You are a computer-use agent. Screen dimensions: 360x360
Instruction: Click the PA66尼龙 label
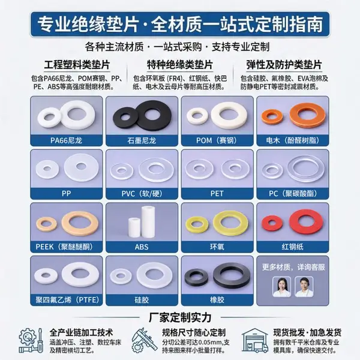point(66,140)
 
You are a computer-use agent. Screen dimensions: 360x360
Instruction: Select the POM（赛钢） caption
point(217,140)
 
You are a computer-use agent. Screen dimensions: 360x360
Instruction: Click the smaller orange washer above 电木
point(272,116)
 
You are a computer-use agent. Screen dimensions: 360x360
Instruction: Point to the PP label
point(66,194)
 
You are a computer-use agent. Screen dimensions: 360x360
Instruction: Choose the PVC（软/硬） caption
point(142,194)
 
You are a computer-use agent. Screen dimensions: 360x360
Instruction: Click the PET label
point(217,194)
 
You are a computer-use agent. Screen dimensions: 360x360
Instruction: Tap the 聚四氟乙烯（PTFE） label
point(67,300)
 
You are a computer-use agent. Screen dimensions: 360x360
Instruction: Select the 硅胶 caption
point(142,300)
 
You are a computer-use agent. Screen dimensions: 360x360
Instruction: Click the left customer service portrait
point(282,287)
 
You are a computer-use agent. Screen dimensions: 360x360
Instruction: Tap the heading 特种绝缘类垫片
point(180,65)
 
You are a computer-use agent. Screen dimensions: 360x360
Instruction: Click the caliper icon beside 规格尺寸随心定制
point(144,340)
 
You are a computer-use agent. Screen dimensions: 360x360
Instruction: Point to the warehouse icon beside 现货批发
point(254,340)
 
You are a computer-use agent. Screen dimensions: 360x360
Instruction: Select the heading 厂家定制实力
point(180,317)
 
